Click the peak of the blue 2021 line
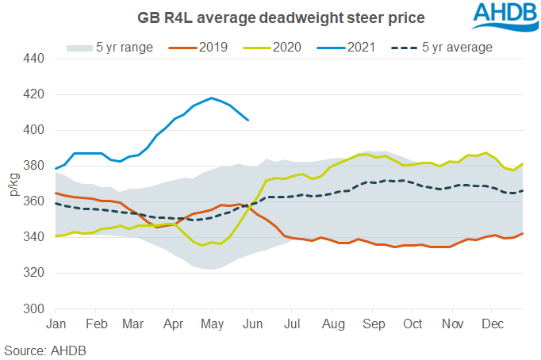[211, 98]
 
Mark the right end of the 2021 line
[249, 121]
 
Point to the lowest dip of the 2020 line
[203, 245]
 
